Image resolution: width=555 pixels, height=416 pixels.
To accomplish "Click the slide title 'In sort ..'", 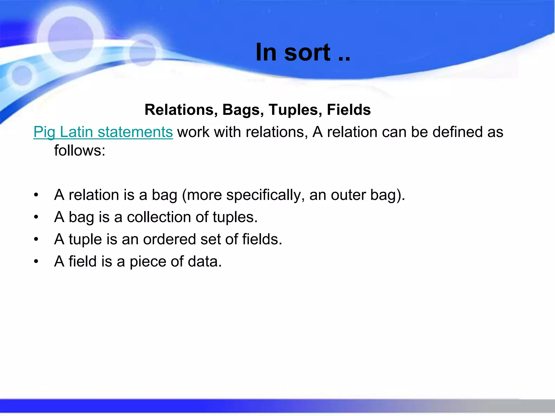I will point(303,52).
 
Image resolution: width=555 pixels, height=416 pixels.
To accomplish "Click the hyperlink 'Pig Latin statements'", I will point(103,132).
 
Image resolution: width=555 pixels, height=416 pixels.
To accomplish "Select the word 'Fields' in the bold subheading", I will point(349,110).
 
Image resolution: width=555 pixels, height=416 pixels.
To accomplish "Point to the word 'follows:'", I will point(79,151).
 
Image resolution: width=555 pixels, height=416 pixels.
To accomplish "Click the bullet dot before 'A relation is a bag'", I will point(36,195).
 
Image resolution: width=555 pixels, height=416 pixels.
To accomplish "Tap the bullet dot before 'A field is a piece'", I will point(36,262).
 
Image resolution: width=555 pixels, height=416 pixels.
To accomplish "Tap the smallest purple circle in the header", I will point(22,75).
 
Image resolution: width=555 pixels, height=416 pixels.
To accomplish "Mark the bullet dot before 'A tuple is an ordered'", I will point(36,239).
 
